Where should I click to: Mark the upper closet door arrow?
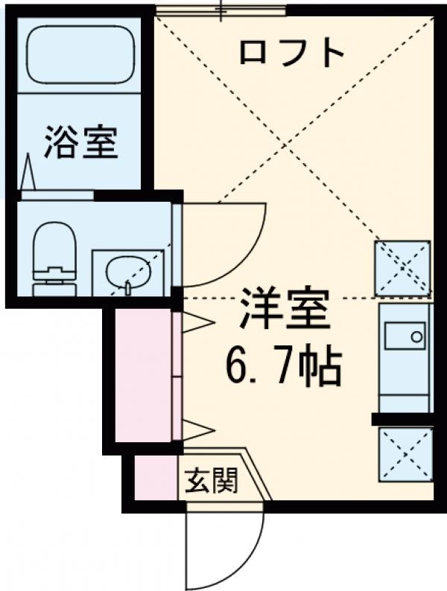point(195,322)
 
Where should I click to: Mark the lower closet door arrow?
point(195,430)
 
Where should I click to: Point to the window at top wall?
point(221,10)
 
